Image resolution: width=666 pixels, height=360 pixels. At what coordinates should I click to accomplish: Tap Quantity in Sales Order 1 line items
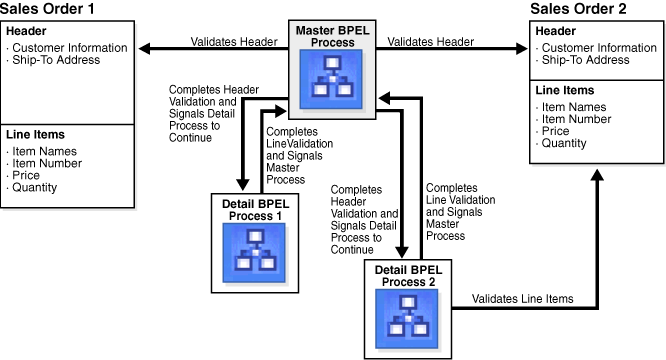tap(36, 187)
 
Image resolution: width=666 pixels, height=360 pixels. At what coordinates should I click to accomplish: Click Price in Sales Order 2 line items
tap(556, 130)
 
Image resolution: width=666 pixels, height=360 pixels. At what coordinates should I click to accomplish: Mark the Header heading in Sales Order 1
tap(25, 31)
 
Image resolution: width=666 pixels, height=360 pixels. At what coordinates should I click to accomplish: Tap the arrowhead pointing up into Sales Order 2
tap(597, 172)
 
